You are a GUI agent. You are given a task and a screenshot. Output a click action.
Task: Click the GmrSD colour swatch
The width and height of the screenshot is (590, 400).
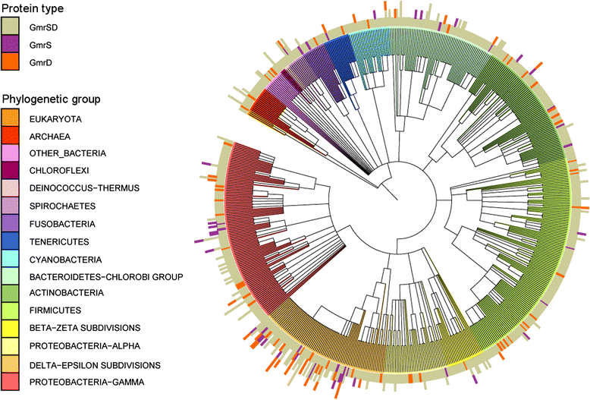tap(11, 28)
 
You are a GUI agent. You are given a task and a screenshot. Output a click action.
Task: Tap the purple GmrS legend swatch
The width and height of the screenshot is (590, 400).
tap(11, 46)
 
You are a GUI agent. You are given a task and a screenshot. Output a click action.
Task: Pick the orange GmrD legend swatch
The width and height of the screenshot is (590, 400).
tap(11, 63)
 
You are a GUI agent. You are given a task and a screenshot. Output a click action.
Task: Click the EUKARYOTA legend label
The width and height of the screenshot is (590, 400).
tap(57, 119)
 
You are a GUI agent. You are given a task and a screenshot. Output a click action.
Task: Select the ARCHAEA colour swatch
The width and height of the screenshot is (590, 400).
tap(11, 137)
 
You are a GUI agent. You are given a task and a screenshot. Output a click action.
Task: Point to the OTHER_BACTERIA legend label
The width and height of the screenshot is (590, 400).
tap(67, 153)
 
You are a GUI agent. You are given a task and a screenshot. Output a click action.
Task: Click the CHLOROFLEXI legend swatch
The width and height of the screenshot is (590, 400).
tap(11, 171)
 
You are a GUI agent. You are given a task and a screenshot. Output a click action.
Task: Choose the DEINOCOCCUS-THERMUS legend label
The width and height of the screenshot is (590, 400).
tap(83, 188)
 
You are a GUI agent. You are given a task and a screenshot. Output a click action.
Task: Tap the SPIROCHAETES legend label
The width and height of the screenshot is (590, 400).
tap(64, 206)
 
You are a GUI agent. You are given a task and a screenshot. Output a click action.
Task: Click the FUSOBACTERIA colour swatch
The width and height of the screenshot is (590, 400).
tap(11, 223)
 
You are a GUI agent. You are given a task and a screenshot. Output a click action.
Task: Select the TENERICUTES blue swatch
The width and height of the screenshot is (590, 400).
tap(11, 241)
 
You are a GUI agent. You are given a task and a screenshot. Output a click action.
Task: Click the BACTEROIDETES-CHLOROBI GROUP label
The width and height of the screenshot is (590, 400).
tap(102, 276)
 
